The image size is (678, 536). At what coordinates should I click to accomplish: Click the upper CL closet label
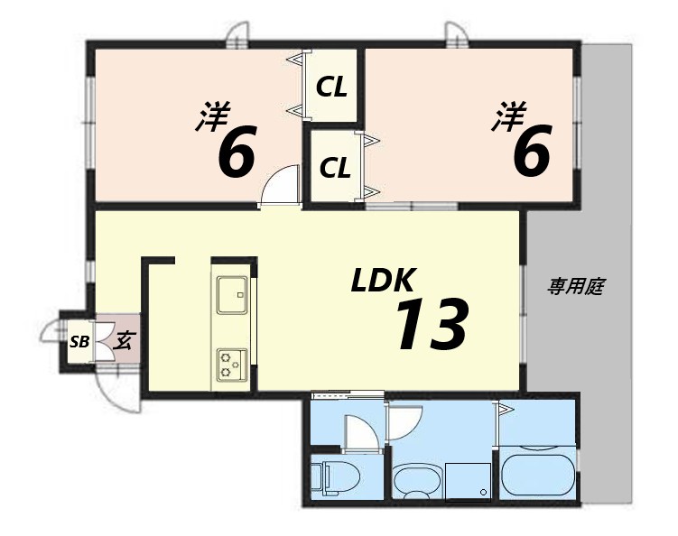(331, 88)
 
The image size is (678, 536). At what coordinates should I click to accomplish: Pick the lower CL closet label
(335, 168)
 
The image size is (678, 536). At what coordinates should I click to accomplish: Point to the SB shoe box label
(79, 341)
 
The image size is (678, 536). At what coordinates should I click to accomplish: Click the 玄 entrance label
(124, 340)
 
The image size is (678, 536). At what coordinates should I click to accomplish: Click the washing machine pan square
(468, 478)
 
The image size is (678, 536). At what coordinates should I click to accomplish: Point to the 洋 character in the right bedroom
(508, 117)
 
